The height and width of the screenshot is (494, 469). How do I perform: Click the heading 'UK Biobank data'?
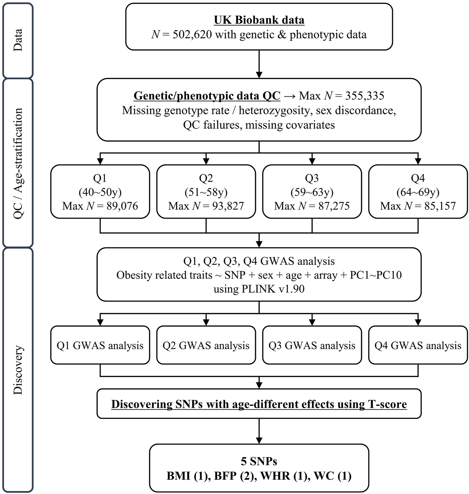(x=259, y=20)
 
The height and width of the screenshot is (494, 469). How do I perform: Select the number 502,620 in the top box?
(x=192, y=35)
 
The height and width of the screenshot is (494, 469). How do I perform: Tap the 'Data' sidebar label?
(x=18, y=40)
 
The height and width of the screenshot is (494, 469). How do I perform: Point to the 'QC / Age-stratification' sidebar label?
(x=18, y=163)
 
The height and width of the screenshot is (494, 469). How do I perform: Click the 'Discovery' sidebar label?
(x=18, y=370)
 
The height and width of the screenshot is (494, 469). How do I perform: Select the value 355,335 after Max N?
(x=364, y=96)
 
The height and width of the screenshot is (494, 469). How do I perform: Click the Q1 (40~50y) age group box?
(x=100, y=192)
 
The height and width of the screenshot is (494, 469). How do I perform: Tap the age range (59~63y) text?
(x=312, y=192)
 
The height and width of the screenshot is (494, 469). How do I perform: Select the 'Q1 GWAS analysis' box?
(x=100, y=345)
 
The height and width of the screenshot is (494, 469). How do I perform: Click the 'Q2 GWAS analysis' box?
(x=206, y=345)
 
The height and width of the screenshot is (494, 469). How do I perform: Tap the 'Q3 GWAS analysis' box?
(x=312, y=345)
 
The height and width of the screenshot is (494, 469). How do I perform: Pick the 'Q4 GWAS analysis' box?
(x=418, y=345)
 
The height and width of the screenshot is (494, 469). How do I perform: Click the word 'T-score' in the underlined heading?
(x=387, y=404)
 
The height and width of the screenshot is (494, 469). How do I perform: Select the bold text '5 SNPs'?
(x=259, y=461)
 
